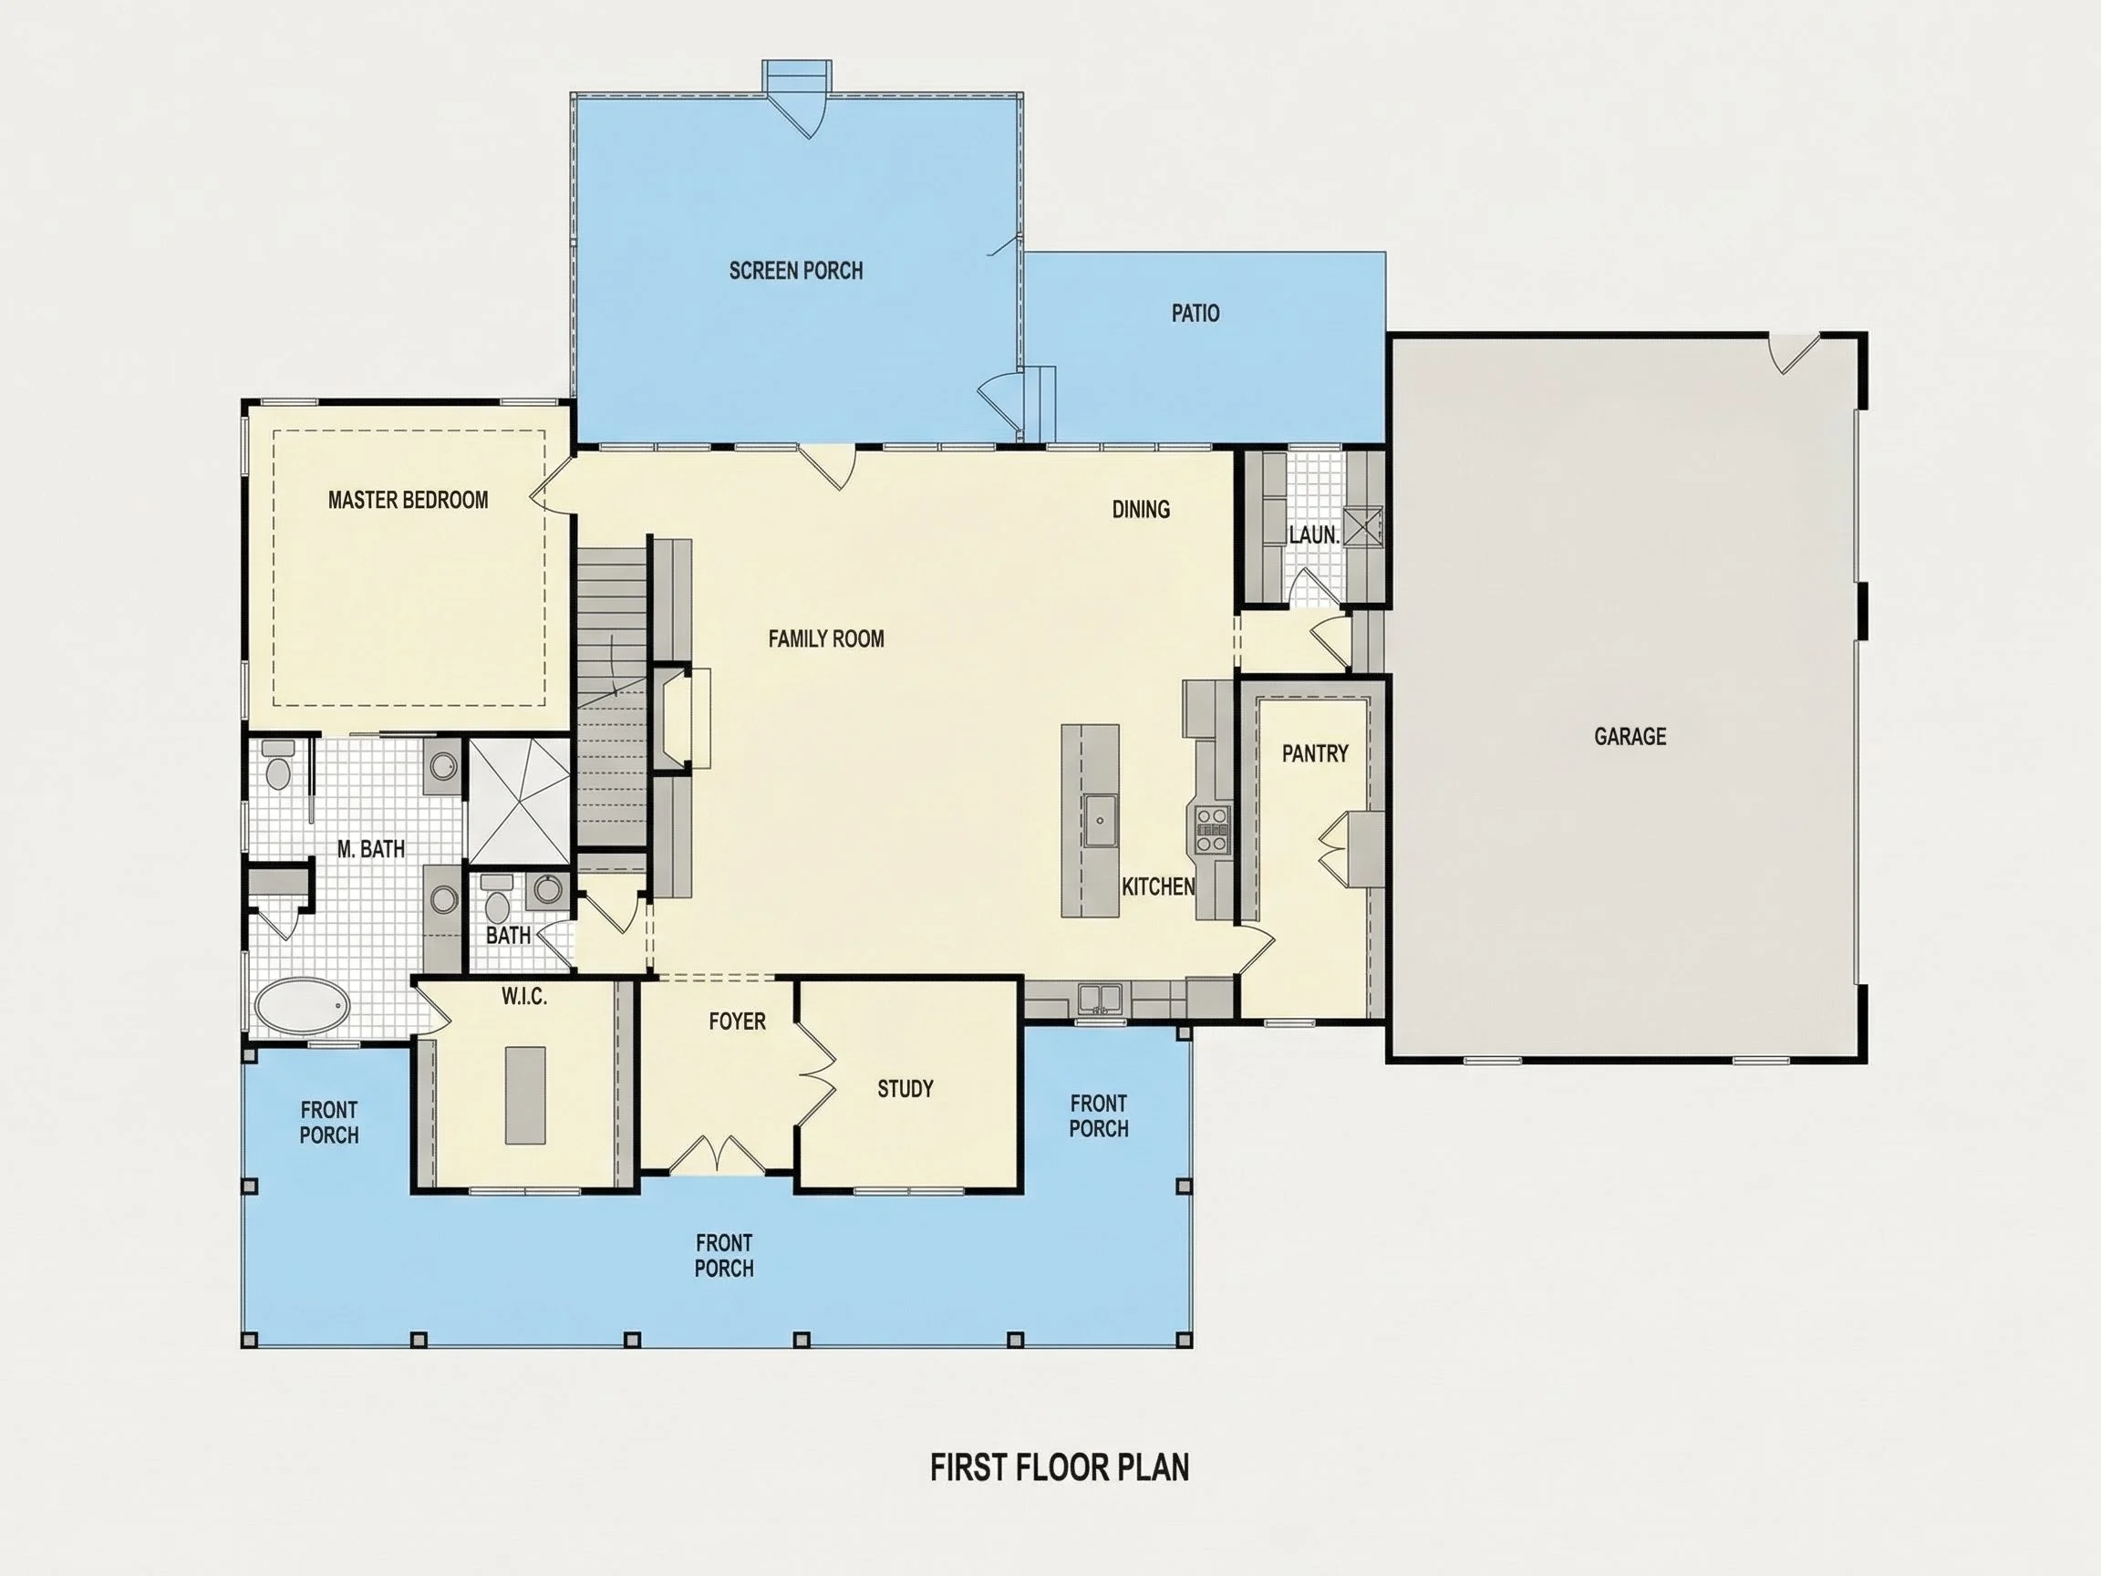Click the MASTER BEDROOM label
[409, 500]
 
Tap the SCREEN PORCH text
[796, 271]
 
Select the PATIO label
[1195, 313]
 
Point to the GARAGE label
[1630, 736]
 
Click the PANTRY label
[1315, 753]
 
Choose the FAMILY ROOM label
[826, 638]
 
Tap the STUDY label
[906, 1089]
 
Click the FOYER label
[737, 1021]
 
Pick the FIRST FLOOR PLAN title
[1059, 1467]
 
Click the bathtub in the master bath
[302, 1007]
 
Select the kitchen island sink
[1101, 818]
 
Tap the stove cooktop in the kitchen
[1212, 828]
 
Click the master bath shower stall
[519, 800]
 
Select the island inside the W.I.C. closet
[525, 1095]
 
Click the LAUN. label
[1314, 534]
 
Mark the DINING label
[1141, 509]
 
